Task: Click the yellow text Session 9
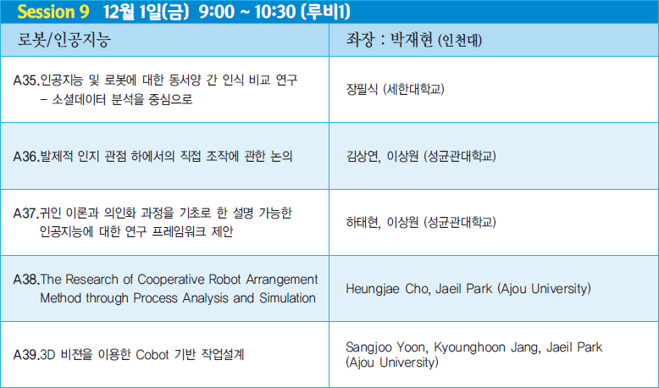click(x=53, y=12)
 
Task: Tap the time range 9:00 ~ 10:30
click(x=247, y=12)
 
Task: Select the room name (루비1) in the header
click(x=325, y=12)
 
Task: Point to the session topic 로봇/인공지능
click(x=64, y=40)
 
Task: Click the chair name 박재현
click(x=412, y=40)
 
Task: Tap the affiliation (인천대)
click(x=459, y=41)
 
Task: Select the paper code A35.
click(x=26, y=80)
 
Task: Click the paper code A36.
click(x=26, y=157)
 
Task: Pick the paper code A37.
click(x=26, y=213)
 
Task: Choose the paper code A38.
click(x=26, y=280)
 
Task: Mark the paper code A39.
click(x=26, y=355)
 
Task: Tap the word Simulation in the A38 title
click(x=287, y=298)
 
